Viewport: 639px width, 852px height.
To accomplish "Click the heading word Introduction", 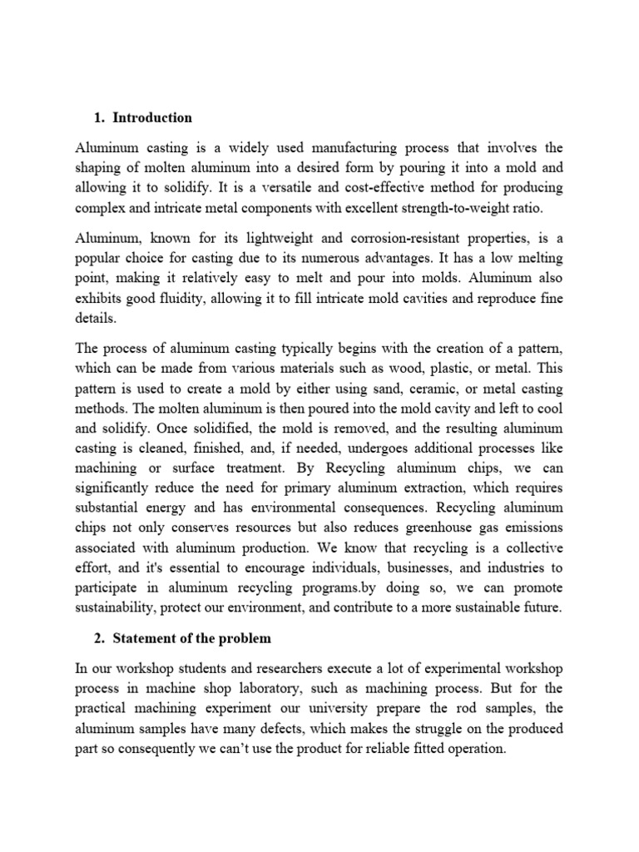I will pos(152,117).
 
